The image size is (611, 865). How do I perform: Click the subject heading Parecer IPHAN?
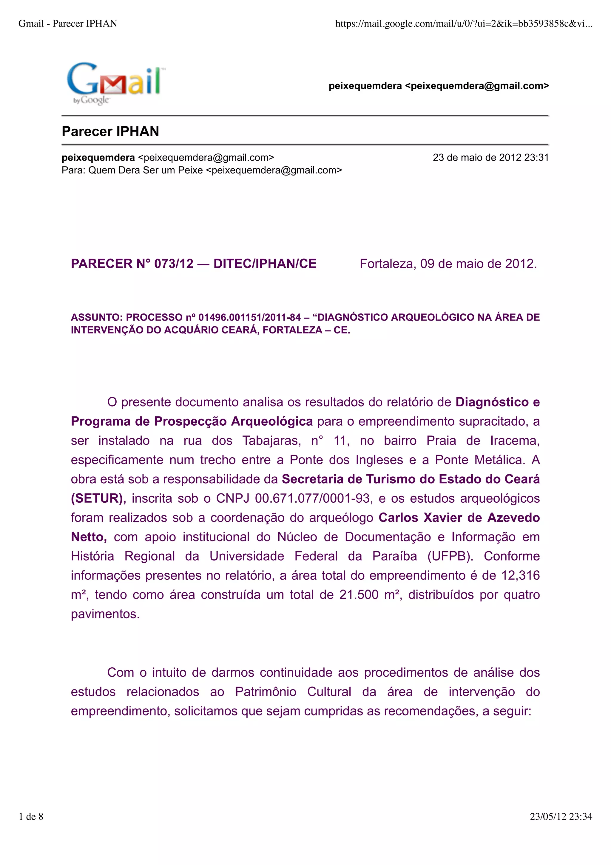coord(110,131)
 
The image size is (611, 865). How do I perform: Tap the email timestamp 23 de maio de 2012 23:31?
coord(490,158)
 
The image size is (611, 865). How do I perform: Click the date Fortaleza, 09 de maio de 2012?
coord(448,264)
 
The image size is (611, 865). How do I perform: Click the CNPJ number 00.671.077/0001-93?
coord(312,498)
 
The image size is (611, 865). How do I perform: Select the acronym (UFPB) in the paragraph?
coord(450,556)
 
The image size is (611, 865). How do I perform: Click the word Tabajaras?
coord(271,441)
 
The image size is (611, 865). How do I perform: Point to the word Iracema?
coord(515,441)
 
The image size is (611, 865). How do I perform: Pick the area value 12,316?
coord(520,575)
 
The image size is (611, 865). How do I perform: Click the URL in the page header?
coord(463,24)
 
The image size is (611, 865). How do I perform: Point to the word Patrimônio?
coord(266,692)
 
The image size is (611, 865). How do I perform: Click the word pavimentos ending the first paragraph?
coord(105,614)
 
